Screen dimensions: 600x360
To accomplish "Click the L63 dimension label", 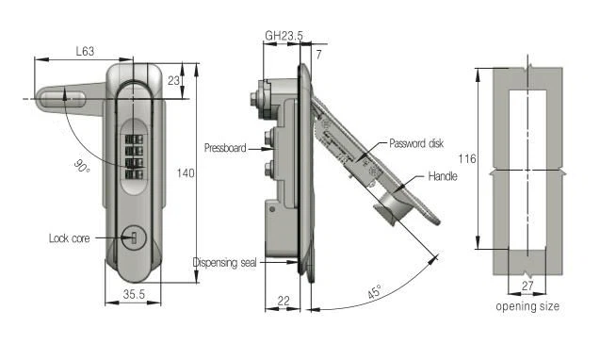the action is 85,51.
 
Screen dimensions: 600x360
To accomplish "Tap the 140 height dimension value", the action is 186,173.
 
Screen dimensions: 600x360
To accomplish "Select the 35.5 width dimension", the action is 134,294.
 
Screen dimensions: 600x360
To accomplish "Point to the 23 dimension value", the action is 173,80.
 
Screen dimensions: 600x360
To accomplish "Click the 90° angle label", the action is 82,166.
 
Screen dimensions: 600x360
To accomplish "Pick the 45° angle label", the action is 375,291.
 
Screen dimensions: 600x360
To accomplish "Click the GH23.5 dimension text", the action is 284,36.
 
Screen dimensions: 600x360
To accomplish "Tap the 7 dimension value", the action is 318,55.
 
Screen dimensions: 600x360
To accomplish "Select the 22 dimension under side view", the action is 284,301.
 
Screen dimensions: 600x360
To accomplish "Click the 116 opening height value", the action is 467,158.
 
